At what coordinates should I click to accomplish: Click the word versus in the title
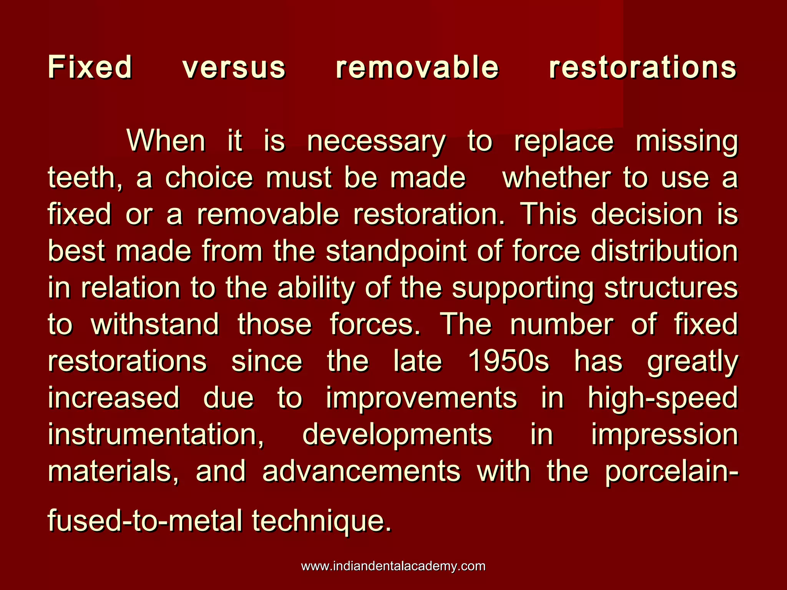[x=234, y=68]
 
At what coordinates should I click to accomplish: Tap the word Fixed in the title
[x=90, y=67]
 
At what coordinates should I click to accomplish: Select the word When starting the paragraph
[x=166, y=141]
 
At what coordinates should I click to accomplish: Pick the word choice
[x=209, y=177]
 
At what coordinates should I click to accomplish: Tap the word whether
[x=556, y=177]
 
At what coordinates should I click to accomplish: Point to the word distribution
[x=664, y=251]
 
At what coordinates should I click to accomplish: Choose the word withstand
[x=155, y=324]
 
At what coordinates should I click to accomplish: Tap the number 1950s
[x=508, y=361]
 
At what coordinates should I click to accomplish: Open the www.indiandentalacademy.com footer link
[x=393, y=566]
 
